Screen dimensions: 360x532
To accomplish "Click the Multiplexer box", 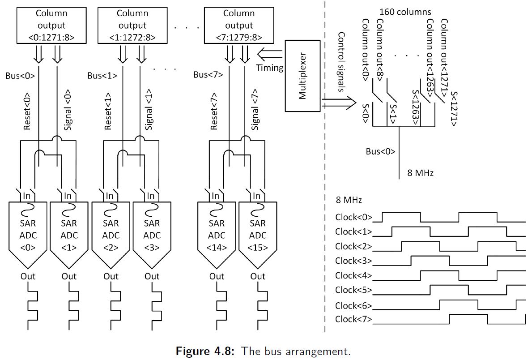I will [x=303, y=75].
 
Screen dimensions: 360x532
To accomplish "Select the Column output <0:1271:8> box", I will [x=51, y=26].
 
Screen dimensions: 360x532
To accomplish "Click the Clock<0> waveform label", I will [x=353, y=218].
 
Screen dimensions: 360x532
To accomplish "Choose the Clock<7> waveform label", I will [x=353, y=319].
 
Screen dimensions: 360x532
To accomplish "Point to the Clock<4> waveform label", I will [x=353, y=275].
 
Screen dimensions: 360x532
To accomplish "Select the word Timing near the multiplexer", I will [x=270, y=68].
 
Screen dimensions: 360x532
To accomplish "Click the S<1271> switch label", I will [x=453, y=109].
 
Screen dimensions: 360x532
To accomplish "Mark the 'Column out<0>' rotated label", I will [x=365, y=50].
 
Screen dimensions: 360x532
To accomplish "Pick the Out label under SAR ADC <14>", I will [x=217, y=276].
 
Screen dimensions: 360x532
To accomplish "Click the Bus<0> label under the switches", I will [x=380, y=151].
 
